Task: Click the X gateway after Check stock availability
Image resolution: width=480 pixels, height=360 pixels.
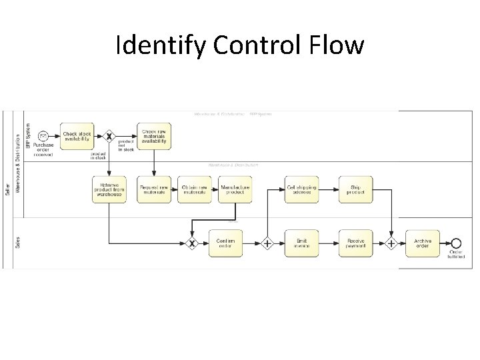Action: pyautogui.click(x=109, y=136)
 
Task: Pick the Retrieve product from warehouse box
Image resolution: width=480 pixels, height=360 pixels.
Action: pyautogui.click(x=109, y=189)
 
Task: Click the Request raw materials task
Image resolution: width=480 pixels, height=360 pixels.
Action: pyautogui.click(x=154, y=189)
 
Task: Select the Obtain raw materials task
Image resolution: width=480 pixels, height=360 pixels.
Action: pyautogui.click(x=196, y=189)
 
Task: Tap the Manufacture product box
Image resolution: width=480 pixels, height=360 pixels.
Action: pyautogui.click(x=235, y=189)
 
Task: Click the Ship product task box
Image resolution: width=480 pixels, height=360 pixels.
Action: pyautogui.click(x=355, y=189)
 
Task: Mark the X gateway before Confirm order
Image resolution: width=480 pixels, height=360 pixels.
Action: pyautogui.click(x=192, y=243)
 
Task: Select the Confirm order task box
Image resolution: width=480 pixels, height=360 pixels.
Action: pyautogui.click(x=226, y=243)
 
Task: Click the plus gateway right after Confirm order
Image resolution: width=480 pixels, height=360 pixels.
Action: pyautogui.click(x=267, y=243)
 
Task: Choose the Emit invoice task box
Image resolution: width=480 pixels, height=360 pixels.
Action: pyautogui.click(x=301, y=243)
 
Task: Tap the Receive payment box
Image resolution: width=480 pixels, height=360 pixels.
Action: pyautogui.click(x=355, y=243)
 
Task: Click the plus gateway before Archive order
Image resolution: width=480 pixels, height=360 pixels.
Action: pyautogui.click(x=392, y=243)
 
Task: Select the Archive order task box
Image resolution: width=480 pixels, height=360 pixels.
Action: pyautogui.click(x=423, y=243)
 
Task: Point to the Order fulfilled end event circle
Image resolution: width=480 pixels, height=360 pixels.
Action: pyautogui.click(x=456, y=243)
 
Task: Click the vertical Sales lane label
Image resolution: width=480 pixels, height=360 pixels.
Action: pyautogui.click(x=17, y=242)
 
